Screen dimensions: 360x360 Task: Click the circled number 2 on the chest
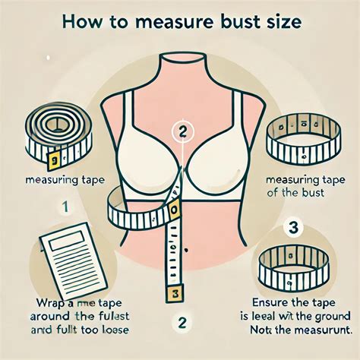click(181, 131)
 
